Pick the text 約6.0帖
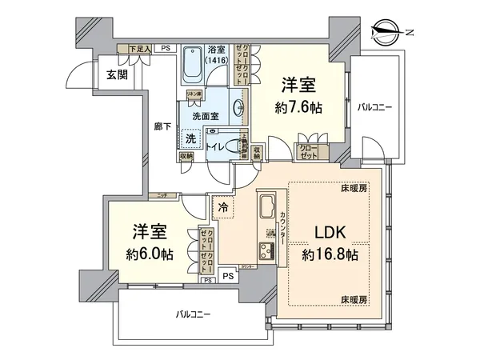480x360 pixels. point(150,254)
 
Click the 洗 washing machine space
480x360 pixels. point(190,138)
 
